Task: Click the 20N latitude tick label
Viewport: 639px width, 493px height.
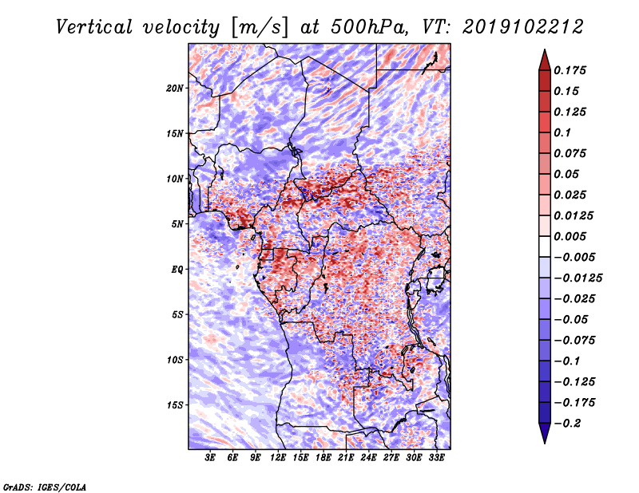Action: click(x=175, y=88)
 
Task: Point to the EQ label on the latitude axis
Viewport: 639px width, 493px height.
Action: click(x=177, y=270)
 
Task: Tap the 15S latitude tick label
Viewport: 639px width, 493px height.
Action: click(x=175, y=405)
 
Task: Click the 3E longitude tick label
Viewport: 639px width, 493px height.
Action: click(x=210, y=459)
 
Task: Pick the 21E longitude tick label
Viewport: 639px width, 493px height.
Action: click(x=346, y=459)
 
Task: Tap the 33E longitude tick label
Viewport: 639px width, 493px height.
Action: click(x=436, y=459)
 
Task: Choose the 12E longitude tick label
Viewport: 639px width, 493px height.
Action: click(x=278, y=459)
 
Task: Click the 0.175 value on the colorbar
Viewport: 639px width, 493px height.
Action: click(x=574, y=70)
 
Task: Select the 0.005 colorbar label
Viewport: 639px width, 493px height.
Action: click(x=574, y=236)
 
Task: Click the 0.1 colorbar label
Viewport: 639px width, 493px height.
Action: click(x=568, y=132)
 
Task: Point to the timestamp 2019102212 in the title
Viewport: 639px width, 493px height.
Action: click(x=515, y=27)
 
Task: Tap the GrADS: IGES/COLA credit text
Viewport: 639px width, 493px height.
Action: click(x=45, y=486)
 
